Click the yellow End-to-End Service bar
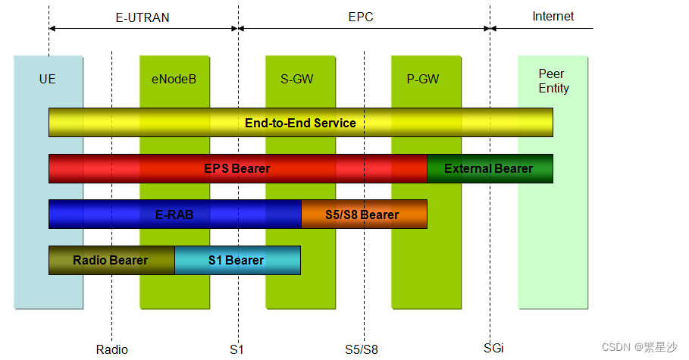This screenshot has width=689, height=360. click(300, 123)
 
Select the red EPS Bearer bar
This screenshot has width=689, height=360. click(237, 168)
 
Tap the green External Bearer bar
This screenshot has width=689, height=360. click(489, 168)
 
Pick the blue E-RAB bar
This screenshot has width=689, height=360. click(174, 214)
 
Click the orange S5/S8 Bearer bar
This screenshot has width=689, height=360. click(364, 214)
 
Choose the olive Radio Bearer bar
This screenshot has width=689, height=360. click(111, 260)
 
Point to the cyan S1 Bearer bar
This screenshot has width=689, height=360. click(236, 260)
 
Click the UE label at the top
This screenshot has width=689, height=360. click(48, 78)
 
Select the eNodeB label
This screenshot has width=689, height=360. click(174, 78)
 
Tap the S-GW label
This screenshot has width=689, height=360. click(297, 78)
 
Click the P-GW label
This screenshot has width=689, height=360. click(423, 78)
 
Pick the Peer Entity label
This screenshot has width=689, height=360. click(553, 81)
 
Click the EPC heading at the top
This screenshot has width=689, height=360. click(362, 16)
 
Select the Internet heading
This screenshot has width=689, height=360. click(553, 16)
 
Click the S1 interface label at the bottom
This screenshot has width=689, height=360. click(237, 349)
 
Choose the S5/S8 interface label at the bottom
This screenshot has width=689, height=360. click(362, 349)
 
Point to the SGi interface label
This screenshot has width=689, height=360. click(493, 348)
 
